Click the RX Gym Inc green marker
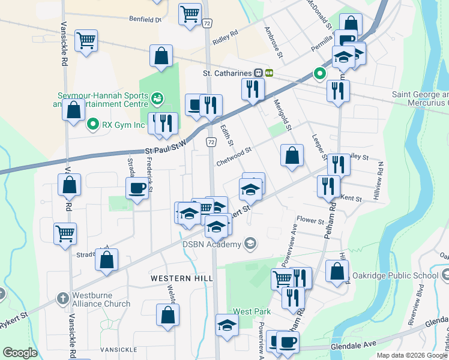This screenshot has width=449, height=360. click(x=93, y=125)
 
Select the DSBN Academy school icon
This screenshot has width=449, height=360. click(x=250, y=243)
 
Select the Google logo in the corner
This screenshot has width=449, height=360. click(x=20, y=353)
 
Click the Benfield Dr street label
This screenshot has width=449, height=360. click(x=146, y=19)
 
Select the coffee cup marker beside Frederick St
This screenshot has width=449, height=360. click(x=137, y=188)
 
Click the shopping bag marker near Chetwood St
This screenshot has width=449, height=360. click(x=292, y=155)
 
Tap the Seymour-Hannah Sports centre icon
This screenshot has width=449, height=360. click(x=157, y=97)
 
